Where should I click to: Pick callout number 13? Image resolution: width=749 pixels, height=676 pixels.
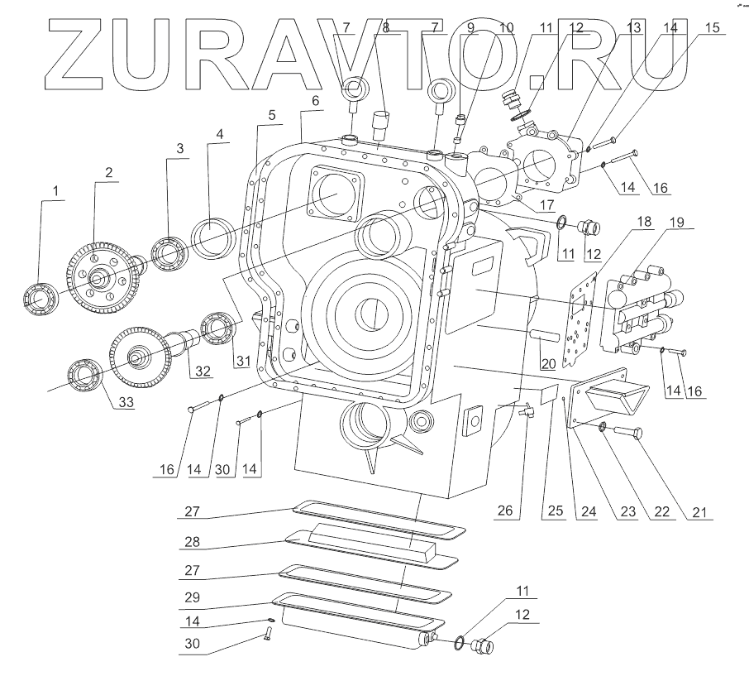pos(633,27)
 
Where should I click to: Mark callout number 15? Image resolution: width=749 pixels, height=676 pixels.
pos(712,27)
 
